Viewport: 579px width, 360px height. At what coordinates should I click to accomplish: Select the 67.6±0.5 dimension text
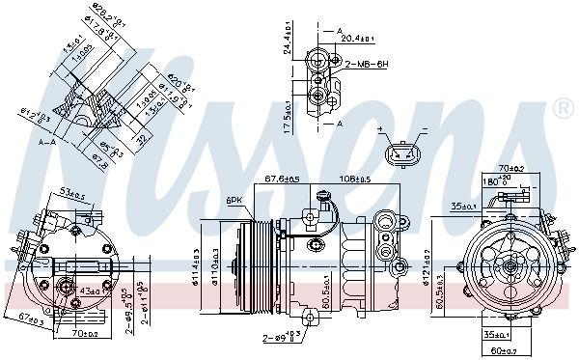(x=282, y=178)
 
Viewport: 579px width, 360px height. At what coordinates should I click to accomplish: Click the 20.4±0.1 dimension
(x=359, y=40)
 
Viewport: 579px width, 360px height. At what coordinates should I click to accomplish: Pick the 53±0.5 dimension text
(x=71, y=195)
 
